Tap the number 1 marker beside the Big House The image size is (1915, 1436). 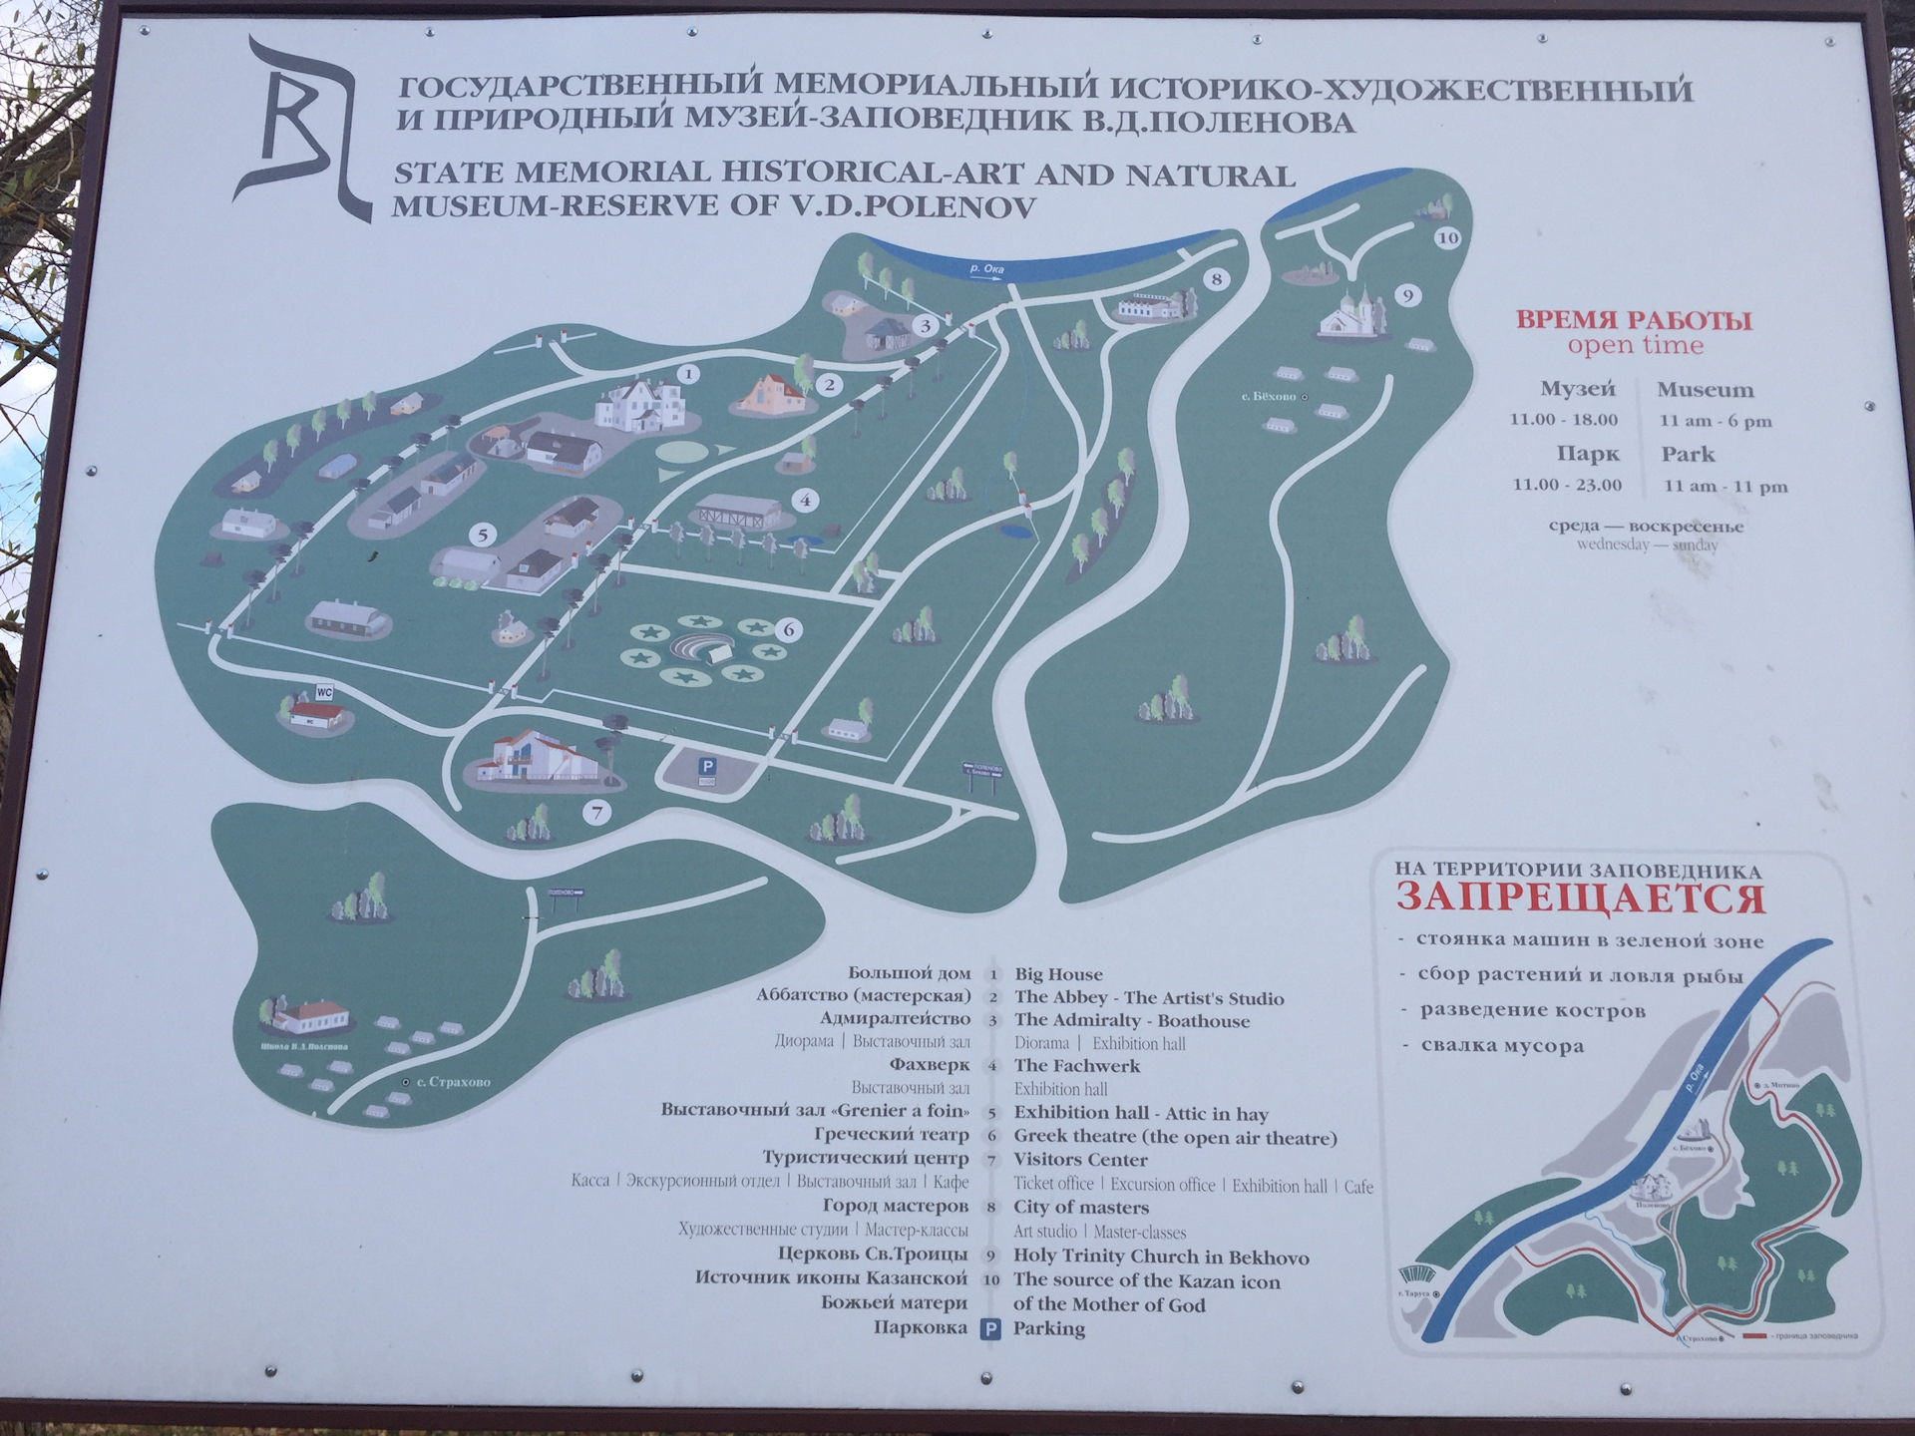687,375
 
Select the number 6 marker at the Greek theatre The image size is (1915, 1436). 789,630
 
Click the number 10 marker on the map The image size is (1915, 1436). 1447,237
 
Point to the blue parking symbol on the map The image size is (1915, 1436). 706,766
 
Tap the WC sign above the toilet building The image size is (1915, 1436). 323,691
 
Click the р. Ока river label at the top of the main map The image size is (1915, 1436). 986,268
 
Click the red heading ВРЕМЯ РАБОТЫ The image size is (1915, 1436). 1634,321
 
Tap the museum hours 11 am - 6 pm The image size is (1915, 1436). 1716,421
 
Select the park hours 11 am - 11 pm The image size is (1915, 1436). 1724,487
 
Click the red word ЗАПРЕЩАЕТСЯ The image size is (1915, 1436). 1580,898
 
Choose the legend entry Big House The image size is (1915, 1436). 1058,974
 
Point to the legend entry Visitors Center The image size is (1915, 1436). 1080,1160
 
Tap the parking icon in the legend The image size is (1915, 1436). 991,1328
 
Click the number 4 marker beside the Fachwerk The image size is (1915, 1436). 804,501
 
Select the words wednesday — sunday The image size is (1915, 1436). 1647,545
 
